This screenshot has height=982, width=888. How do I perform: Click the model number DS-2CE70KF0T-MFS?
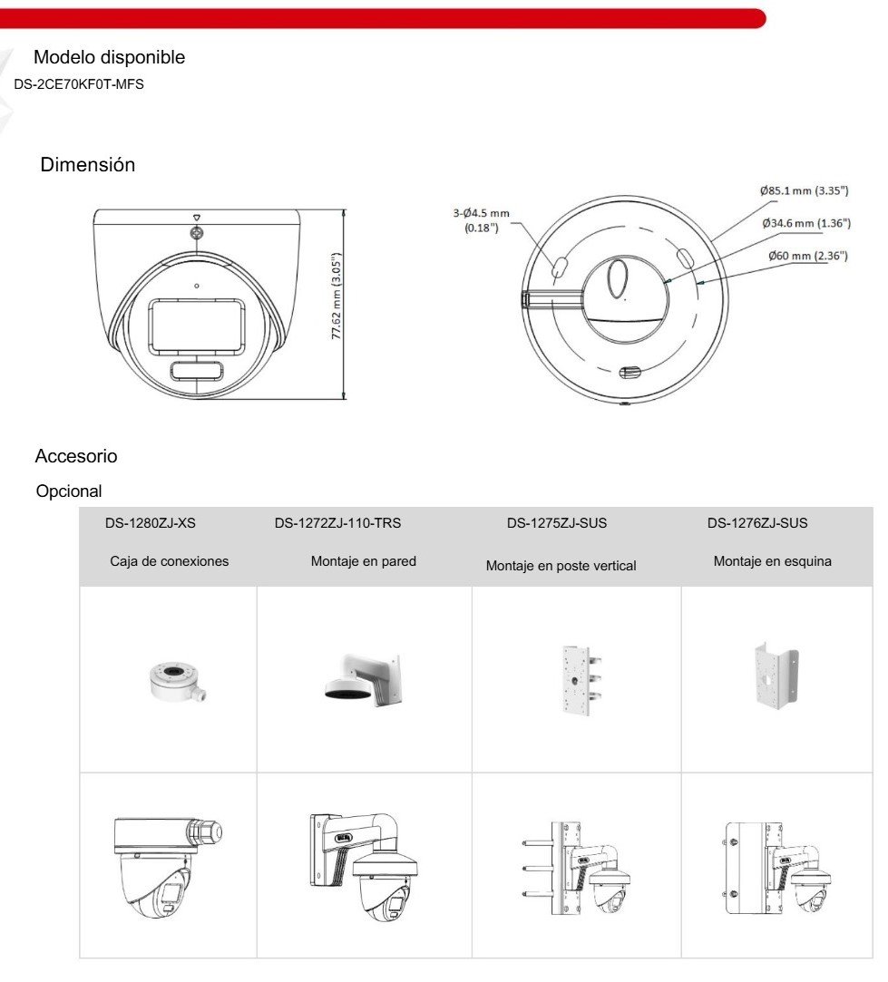[79, 84]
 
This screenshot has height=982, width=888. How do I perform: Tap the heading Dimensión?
[88, 165]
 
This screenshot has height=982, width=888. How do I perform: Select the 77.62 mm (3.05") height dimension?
[337, 296]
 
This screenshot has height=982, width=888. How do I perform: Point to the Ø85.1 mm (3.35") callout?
[804, 190]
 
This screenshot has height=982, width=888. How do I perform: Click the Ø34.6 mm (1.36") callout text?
[805, 223]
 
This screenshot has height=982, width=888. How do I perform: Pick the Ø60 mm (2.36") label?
[808, 256]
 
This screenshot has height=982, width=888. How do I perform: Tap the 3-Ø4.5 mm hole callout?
[482, 220]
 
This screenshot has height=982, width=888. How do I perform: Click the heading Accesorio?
[76, 456]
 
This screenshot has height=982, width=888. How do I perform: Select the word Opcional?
[69, 491]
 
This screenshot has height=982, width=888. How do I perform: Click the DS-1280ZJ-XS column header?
[151, 523]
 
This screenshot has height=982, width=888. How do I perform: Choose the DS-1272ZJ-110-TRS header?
[337, 523]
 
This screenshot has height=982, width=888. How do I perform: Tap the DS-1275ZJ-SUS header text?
[557, 523]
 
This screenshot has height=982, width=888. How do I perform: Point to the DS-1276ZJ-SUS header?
[757, 523]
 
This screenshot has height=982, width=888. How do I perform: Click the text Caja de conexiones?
[170, 561]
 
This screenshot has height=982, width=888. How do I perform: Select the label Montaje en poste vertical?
[561, 566]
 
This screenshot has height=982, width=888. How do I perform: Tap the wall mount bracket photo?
[363, 677]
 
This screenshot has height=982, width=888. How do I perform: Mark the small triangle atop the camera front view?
[197, 219]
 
